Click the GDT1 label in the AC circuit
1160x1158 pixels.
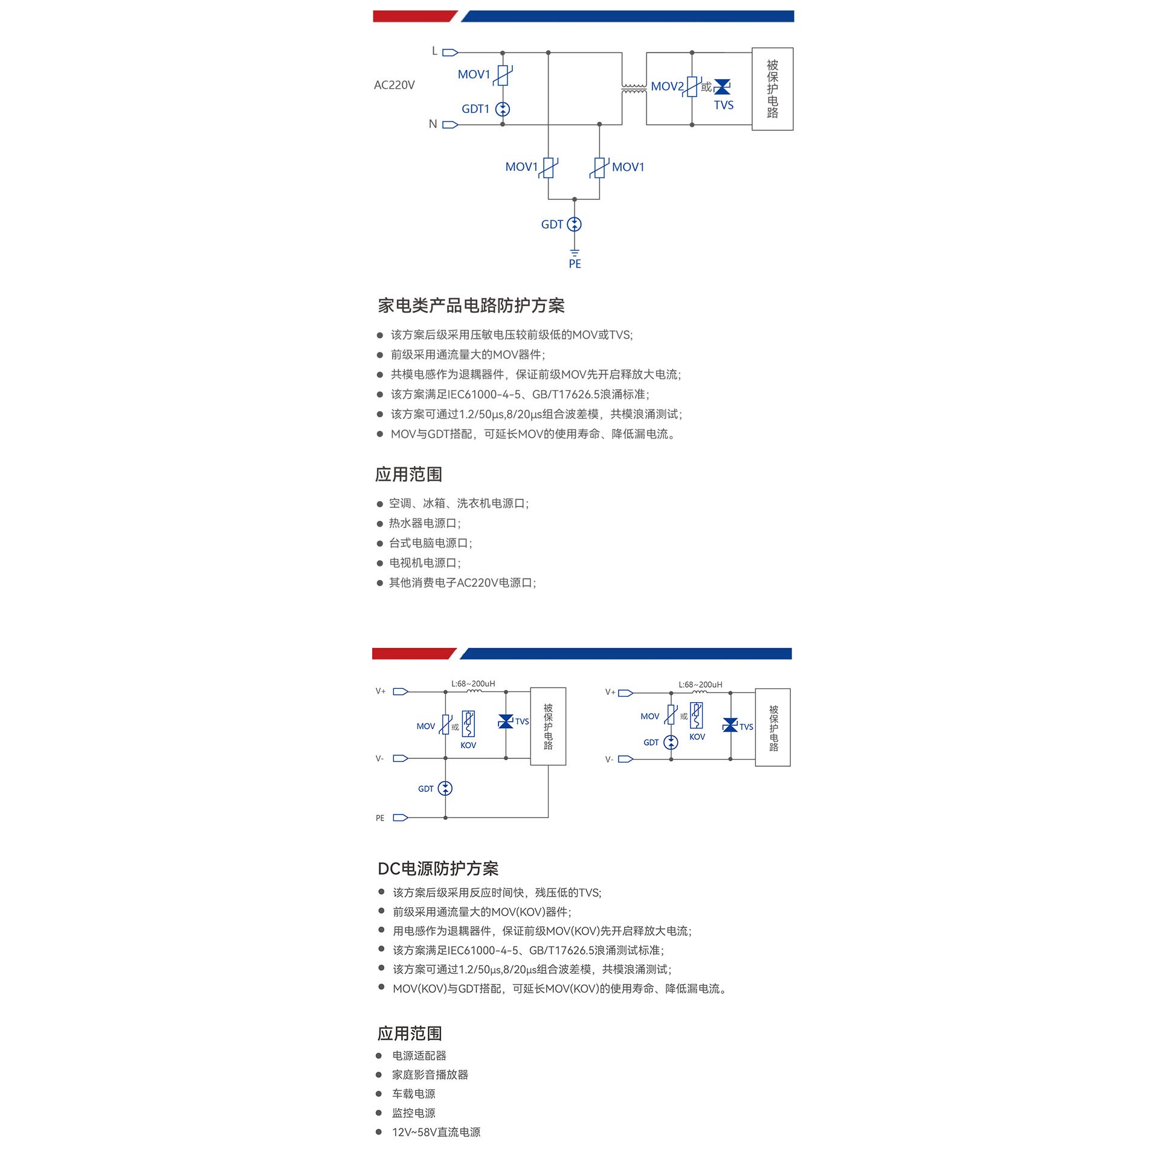click(x=475, y=109)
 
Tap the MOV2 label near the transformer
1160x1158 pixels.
click(x=667, y=86)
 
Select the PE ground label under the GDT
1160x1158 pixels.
click(x=575, y=264)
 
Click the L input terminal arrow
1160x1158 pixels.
click(x=450, y=53)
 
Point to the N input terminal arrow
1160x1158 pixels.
click(x=450, y=125)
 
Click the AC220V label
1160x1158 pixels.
click(x=394, y=85)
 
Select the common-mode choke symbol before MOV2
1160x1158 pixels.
click(x=634, y=89)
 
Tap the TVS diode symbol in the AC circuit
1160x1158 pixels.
click(x=722, y=87)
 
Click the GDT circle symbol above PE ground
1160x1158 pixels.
click(x=575, y=225)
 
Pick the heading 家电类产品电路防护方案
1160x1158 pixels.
click(x=471, y=305)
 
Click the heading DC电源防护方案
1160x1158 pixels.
click(x=438, y=868)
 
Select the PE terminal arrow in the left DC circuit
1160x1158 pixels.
click(x=401, y=817)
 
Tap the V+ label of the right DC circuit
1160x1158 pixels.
click(x=610, y=693)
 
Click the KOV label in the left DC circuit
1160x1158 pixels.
click(x=468, y=746)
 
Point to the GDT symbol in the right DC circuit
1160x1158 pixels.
click(x=671, y=743)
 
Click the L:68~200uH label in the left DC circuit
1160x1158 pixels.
click(x=473, y=684)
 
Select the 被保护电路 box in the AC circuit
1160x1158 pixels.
click(x=773, y=89)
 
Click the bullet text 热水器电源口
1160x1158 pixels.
click(x=425, y=523)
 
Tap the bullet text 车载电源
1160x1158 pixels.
click(x=414, y=1094)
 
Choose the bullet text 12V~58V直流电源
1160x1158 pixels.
click(x=436, y=1132)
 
